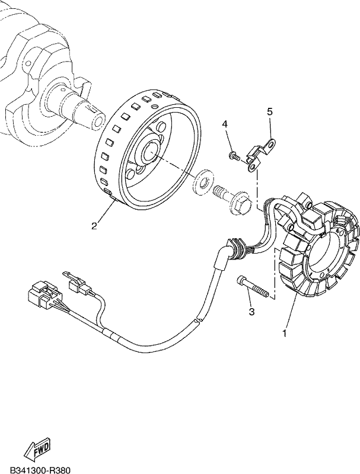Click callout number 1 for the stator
(284, 334)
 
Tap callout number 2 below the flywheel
(94, 226)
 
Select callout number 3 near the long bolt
(251, 312)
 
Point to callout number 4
(224, 124)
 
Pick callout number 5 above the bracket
(269, 111)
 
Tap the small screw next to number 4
(235, 156)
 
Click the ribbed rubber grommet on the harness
(238, 248)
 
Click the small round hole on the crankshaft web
(28, 63)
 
